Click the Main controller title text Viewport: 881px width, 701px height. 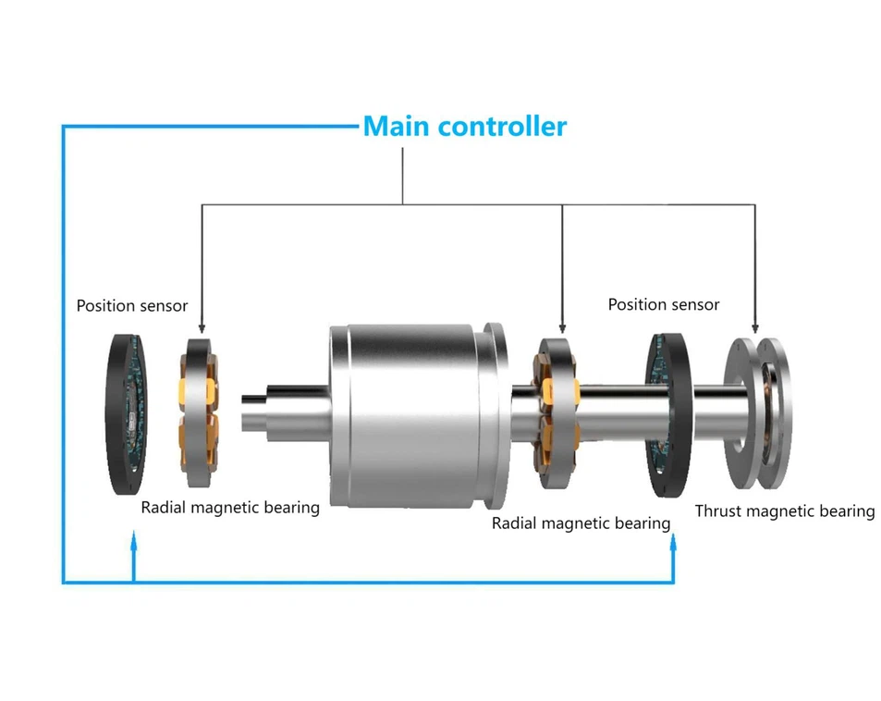coord(464,126)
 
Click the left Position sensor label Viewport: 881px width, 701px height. coord(131,305)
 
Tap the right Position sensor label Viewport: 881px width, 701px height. coord(663,304)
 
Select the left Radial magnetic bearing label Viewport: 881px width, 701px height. coord(230,507)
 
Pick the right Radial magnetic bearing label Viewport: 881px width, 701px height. coord(581,523)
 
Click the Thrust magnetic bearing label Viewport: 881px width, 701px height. coord(784,510)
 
